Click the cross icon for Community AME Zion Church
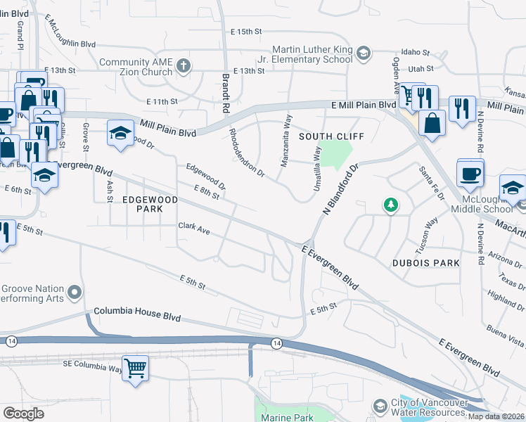pyautogui.click(x=184, y=67)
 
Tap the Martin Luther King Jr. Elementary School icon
pyautogui.click(x=363, y=53)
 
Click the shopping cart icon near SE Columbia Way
pyautogui.click(x=134, y=367)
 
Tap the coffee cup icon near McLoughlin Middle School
pyautogui.click(x=470, y=172)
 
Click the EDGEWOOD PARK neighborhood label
pyautogui.click(x=150, y=200)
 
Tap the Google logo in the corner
pyautogui.click(x=23, y=414)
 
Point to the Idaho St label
pyautogui.click(x=416, y=52)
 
